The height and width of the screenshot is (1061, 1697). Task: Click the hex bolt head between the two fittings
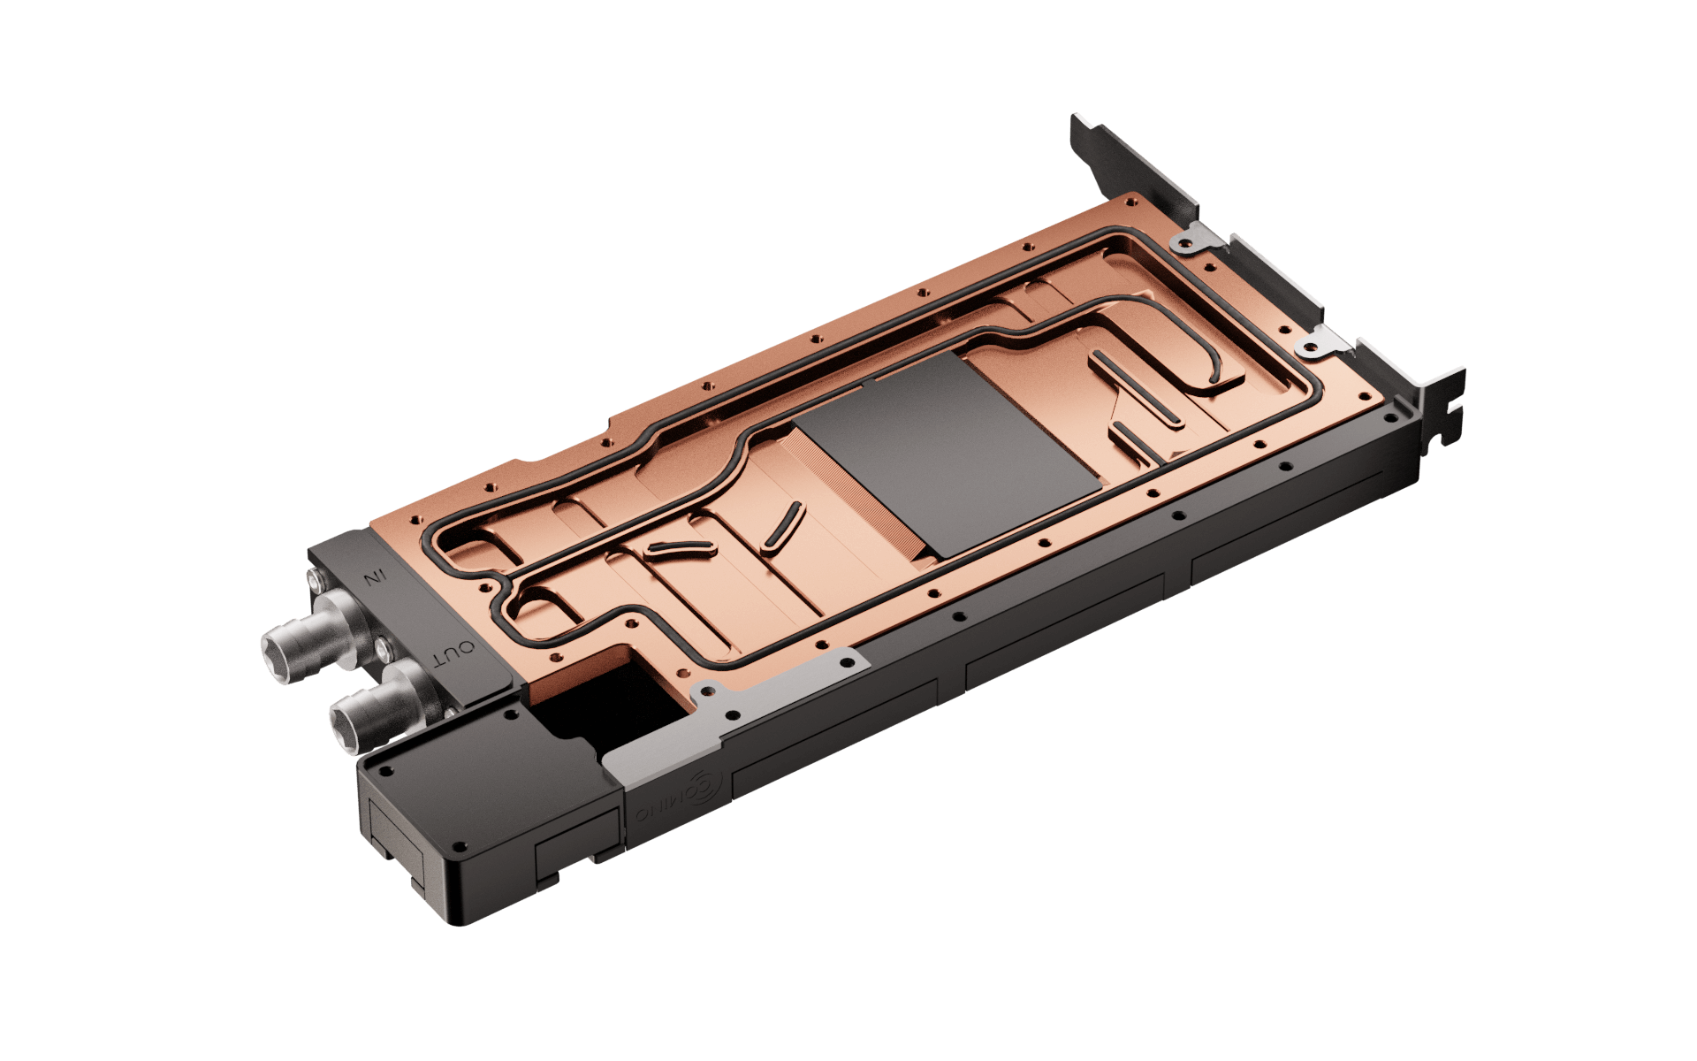[x=382, y=651]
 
